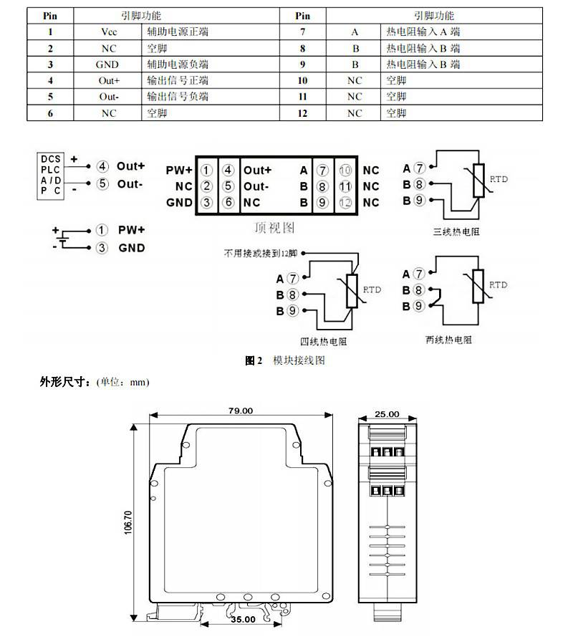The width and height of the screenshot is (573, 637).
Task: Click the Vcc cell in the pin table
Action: (109, 32)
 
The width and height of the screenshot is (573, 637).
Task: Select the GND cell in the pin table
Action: (109, 64)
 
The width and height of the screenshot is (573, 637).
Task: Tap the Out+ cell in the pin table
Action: (109, 81)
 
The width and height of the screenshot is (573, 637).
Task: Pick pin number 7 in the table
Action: (302, 32)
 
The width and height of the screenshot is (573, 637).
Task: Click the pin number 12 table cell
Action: (302, 113)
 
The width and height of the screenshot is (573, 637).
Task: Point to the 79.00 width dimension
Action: (241, 411)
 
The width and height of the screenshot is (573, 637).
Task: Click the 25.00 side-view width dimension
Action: (387, 414)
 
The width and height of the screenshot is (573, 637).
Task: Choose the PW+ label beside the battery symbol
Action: (131, 231)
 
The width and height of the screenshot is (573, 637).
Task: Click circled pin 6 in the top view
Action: (228, 203)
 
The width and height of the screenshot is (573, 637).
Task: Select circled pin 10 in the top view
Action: (345, 171)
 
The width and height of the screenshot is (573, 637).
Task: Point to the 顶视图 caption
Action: (274, 228)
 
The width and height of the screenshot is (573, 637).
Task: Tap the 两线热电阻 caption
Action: (448, 339)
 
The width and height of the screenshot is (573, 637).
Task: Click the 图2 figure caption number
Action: (254, 360)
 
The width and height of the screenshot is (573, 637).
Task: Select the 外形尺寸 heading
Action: (63, 382)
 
